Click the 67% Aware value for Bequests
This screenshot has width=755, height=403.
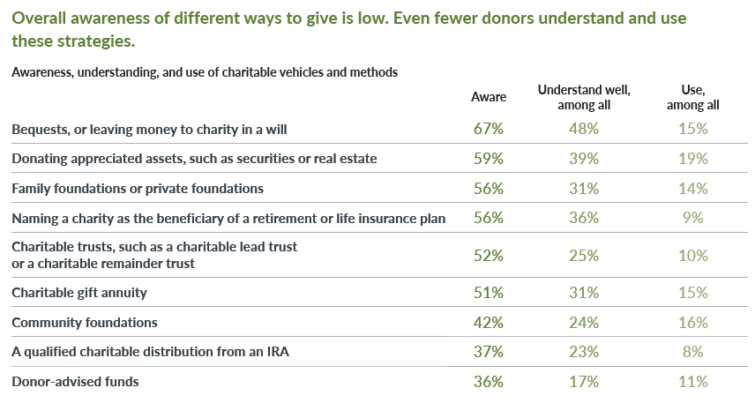pos(488,129)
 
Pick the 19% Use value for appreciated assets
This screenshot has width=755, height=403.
pos(693,159)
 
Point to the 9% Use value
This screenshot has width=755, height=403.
pos(693,219)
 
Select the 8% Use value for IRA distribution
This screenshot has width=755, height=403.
pos(693,352)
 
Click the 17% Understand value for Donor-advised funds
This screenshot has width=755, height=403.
pos(584,382)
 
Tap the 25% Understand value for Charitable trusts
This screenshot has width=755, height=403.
pos(584,256)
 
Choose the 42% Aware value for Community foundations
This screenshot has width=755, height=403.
pos(488,323)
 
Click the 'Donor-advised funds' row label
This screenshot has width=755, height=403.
pos(75,382)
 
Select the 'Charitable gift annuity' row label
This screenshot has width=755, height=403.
pos(79,293)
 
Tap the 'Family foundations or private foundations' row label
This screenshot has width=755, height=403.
pos(138,189)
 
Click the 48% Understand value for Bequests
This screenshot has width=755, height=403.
pos(584,129)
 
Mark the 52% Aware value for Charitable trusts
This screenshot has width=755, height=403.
pos(488,256)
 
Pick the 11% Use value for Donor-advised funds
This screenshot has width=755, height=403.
pos(693,382)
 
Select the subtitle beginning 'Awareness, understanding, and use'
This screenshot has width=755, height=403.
pos(205,71)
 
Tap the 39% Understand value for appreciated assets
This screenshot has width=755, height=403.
pos(584,159)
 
